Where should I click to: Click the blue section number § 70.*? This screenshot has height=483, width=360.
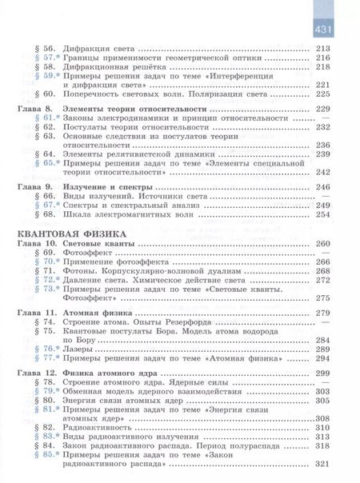(x=40, y=261)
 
